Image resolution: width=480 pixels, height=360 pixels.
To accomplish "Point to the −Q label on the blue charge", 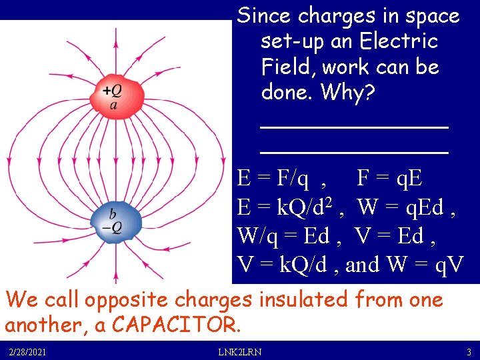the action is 112,227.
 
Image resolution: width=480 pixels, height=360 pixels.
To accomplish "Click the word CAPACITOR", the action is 173,325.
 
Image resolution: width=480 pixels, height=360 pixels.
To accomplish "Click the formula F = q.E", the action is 389,179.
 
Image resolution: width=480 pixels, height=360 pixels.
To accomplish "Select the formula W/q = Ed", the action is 281,236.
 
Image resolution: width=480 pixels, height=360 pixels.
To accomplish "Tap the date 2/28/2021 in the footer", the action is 28,352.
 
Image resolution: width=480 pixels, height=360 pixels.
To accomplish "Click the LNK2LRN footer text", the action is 239,352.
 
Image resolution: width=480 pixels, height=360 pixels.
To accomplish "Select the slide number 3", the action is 469,352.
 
